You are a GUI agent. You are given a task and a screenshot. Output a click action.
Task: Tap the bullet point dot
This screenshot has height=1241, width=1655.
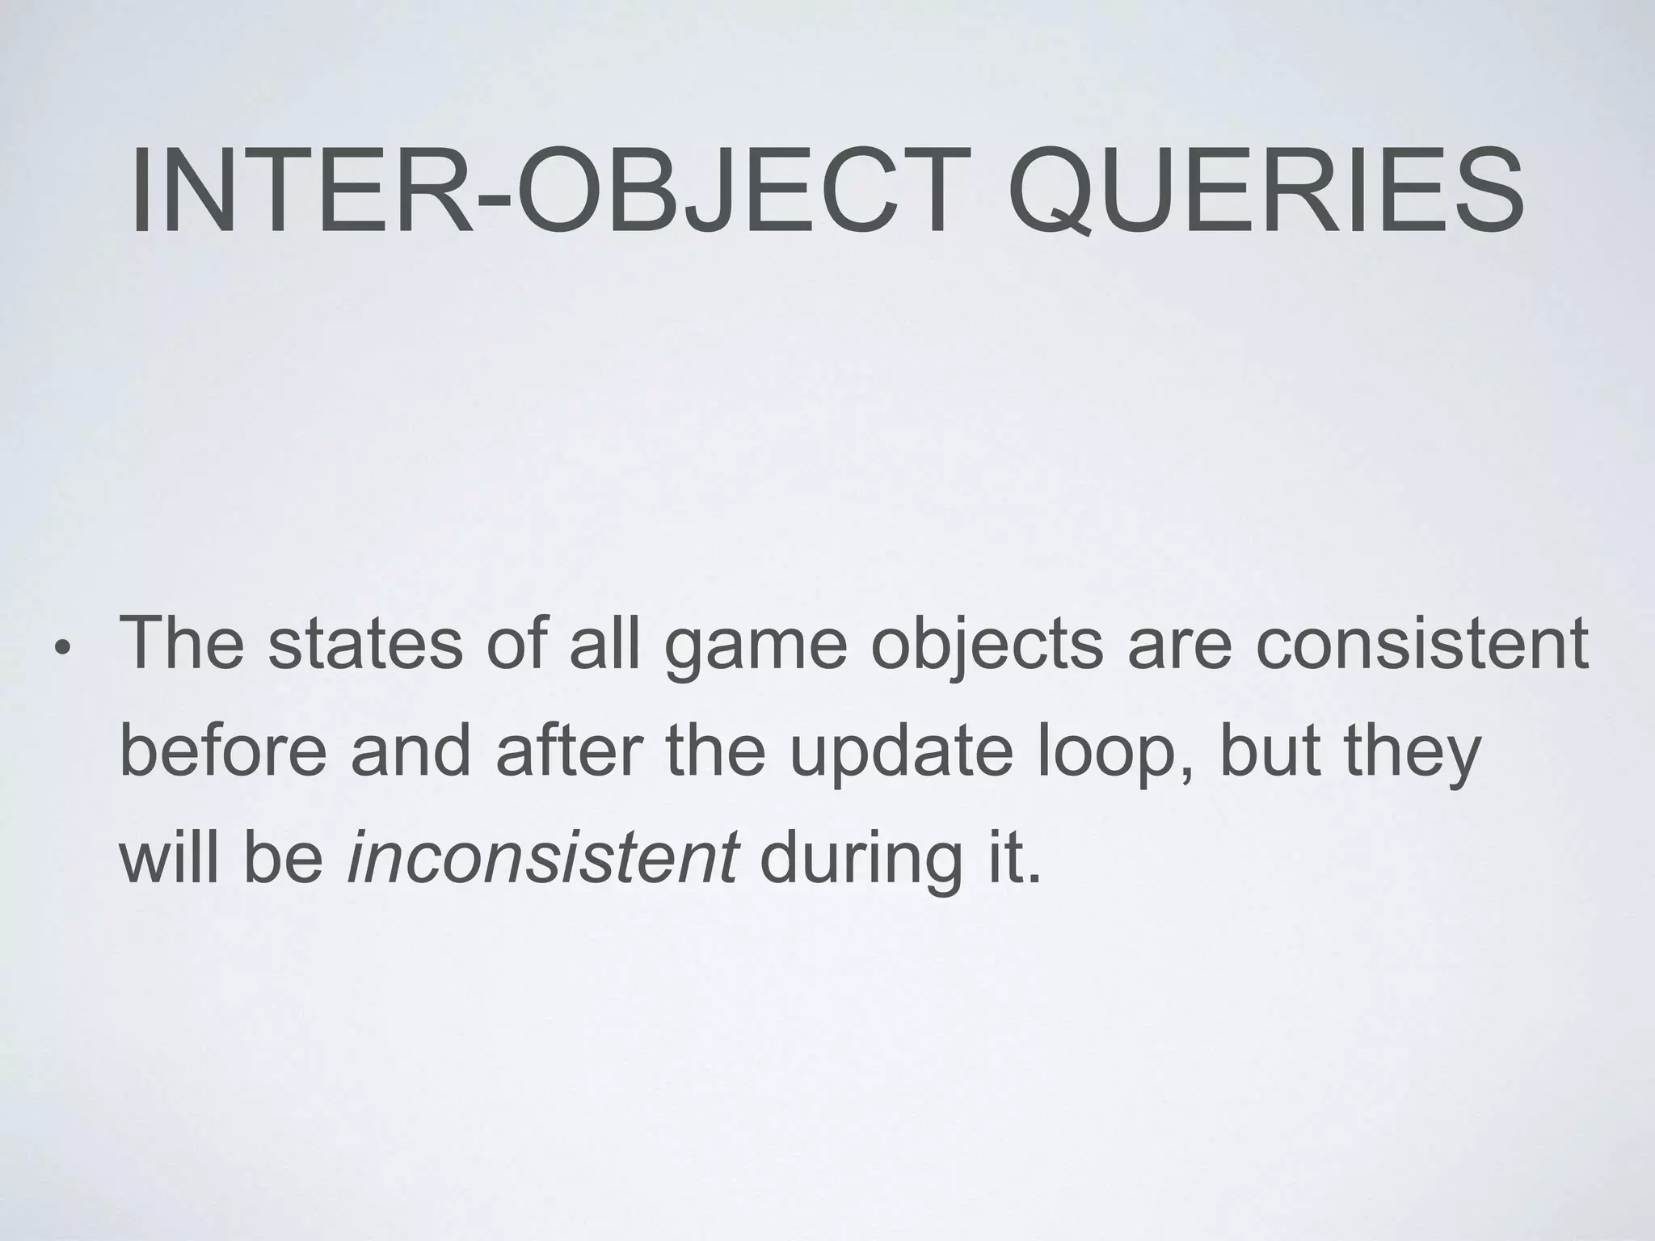(62, 649)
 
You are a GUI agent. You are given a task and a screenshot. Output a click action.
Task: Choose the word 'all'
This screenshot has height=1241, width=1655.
(604, 644)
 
